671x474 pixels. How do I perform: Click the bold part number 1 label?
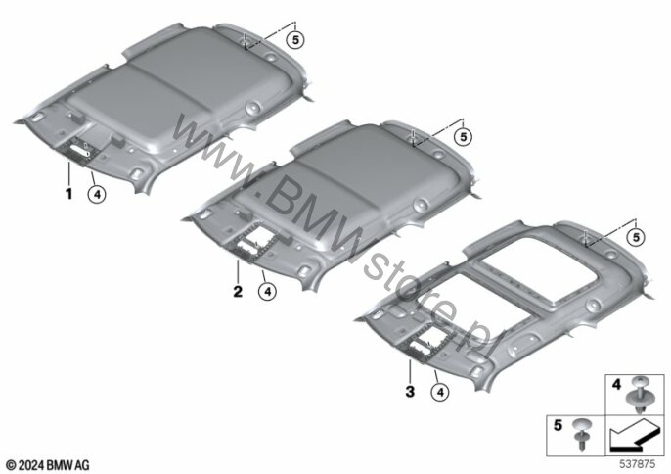[x=68, y=194]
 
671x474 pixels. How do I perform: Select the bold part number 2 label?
[x=238, y=292]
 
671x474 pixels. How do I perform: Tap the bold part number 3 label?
[x=410, y=392]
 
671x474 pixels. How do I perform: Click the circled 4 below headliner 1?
[x=97, y=195]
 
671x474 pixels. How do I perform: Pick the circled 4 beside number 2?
[x=267, y=292]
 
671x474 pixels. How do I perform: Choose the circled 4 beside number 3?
[x=440, y=392]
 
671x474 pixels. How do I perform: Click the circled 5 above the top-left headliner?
[x=295, y=40]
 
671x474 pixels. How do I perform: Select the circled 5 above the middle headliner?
[x=463, y=137]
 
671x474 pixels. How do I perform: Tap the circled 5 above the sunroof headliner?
[x=636, y=237]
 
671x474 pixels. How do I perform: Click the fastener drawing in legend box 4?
[x=638, y=395]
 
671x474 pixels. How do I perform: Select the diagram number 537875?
[x=638, y=464]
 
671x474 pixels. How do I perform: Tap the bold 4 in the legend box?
[x=616, y=385]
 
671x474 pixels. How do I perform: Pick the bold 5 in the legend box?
[x=558, y=426]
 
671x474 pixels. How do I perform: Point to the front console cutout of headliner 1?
[x=81, y=150]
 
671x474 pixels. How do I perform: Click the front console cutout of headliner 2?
[x=252, y=242]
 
